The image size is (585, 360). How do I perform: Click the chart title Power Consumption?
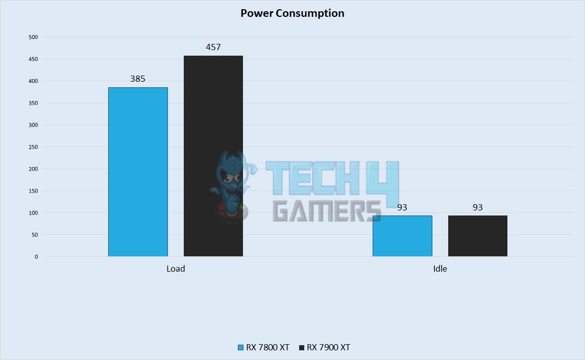[x=292, y=13]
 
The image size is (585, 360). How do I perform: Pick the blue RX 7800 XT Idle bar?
[x=402, y=236]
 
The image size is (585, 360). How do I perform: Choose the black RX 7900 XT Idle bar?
[x=478, y=236]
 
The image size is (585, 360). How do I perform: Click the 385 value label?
[x=138, y=79]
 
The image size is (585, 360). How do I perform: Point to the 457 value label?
[x=213, y=47]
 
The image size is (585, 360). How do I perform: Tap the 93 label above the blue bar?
[x=402, y=207]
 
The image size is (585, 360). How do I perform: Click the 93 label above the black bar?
[x=478, y=207]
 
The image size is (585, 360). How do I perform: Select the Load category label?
[x=176, y=269]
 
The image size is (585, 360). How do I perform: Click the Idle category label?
[x=440, y=269]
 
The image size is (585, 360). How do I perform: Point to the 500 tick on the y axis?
[x=33, y=37]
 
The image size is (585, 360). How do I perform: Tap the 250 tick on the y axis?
[x=33, y=147]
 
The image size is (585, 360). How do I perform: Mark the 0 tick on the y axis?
[x=36, y=257]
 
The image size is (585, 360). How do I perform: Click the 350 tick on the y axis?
[x=33, y=103]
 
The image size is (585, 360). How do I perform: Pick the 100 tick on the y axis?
[x=33, y=213]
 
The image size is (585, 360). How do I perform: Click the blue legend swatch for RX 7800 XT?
[x=241, y=348]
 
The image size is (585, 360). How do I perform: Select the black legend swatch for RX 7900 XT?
[x=301, y=348]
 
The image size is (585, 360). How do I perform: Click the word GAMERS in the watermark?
[x=327, y=210]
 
